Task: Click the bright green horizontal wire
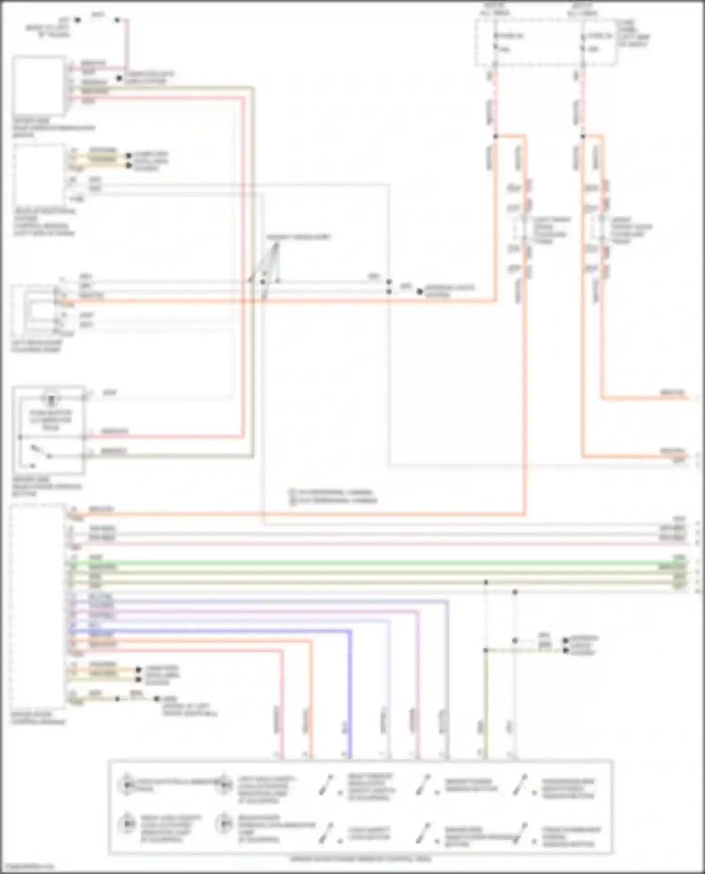tap(376, 563)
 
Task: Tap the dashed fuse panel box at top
tap(545, 42)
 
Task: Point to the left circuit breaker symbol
tap(522, 230)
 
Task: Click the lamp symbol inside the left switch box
tap(51, 399)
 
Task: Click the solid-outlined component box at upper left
tap(39, 86)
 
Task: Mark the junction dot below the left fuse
tap(495, 137)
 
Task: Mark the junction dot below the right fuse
tap(583, 137)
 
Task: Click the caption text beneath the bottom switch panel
tap(360, 859)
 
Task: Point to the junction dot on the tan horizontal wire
tap(486, 582)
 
